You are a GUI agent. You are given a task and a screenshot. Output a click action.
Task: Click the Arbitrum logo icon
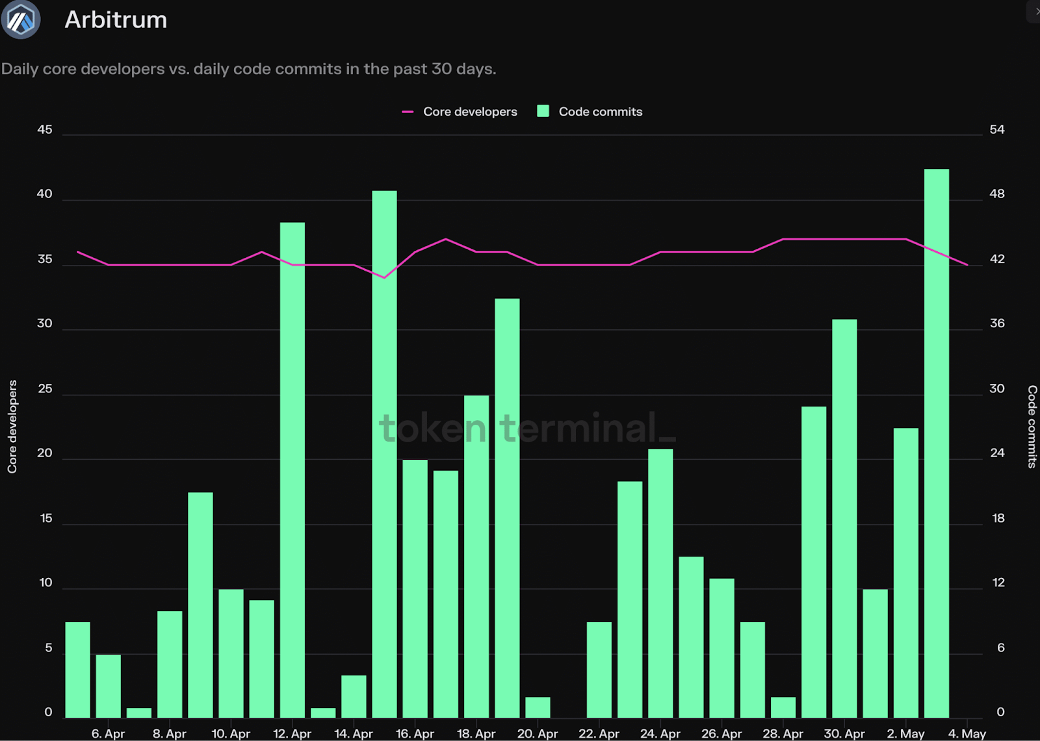click(21, 19)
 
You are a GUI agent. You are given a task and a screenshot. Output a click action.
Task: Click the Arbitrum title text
click(116, 20)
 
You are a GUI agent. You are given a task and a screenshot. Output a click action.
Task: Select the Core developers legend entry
click(460, 112)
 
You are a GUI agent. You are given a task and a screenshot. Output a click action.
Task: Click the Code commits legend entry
click(590, 112)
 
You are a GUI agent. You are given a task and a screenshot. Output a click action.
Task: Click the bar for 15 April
click(384, 454)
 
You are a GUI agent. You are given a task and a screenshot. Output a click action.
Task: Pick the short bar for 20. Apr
click(538, 707)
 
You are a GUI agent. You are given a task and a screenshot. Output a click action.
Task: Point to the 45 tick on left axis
click(45, 129)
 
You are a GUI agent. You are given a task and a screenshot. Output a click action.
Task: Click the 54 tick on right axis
click(996, 129)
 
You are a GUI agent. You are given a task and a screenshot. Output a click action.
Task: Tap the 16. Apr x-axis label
click(415, 733)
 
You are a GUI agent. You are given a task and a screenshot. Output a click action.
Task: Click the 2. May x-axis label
click(905, 733)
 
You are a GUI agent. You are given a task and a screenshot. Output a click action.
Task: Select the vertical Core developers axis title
click(12, 427)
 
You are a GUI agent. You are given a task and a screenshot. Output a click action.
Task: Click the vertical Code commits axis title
click(1032, 427)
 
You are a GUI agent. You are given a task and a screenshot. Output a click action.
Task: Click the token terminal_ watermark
click(527, 428)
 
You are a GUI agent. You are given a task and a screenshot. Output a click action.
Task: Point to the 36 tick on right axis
click(996, 323)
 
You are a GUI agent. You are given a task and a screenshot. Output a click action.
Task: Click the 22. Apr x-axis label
click(599, 733)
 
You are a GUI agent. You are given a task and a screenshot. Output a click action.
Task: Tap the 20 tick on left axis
click(45, 453)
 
